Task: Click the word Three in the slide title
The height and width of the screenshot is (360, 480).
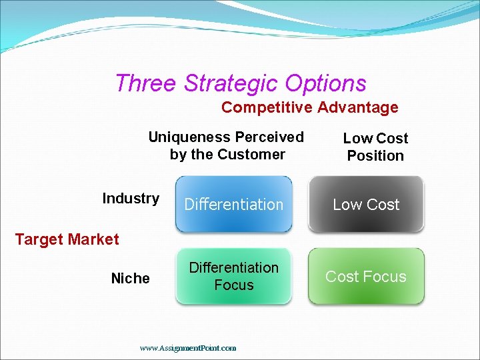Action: [x=146, y=83]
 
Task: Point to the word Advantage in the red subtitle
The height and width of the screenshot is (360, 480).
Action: [x=357, y=107]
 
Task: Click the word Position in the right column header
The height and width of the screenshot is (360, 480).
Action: [x=375, y=156]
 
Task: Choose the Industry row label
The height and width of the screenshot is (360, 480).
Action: [x=131, y=199]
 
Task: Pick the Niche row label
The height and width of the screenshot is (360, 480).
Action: [x=131, y=279]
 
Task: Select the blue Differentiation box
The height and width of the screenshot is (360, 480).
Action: [x=233, y=205]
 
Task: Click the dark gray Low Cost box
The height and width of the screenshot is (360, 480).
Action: [x=366, y=205]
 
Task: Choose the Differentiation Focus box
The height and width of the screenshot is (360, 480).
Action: [x=233, y=277]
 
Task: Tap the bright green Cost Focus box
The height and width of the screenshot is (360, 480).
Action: [x=366, y=277]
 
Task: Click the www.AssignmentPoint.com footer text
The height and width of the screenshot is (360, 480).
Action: [x=188, y=348]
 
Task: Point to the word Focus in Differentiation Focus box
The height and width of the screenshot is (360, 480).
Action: [x=234, y=285]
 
